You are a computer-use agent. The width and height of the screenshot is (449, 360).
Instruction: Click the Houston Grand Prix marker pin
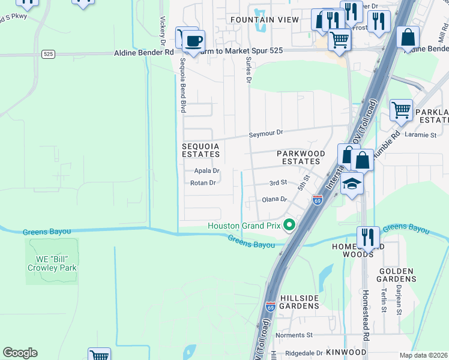coord(289,226)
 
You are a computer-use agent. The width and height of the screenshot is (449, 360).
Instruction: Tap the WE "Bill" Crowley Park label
coord(52,263)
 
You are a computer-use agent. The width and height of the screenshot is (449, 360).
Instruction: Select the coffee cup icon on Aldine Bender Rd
coord(193,42)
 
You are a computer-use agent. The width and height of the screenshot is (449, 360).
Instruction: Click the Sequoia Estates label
coord(201,150)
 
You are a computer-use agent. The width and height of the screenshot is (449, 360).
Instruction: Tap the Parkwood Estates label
coord(301,157)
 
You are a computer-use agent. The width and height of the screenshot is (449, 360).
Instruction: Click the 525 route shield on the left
coord(49,54)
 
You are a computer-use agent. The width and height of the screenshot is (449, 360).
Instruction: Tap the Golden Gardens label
coord(397,275)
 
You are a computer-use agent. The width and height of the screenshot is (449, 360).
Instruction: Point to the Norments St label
coord(294,335)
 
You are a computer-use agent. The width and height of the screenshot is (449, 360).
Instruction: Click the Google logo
coord(20,353)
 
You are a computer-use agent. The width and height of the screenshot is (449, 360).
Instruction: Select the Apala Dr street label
coord(206,171)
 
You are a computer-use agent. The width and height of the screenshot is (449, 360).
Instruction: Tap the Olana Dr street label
coord(275,200)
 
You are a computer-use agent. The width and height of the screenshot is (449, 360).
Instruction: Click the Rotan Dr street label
coord(203,183)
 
